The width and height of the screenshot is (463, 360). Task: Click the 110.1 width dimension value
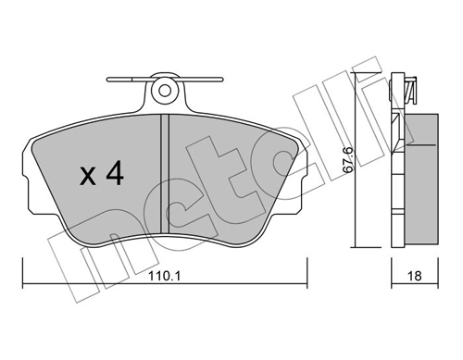point(164,276)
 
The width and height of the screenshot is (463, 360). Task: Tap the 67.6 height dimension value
point(348,160)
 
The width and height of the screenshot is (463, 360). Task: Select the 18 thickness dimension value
point(414,276)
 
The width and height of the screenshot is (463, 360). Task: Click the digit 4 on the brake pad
point(115,174)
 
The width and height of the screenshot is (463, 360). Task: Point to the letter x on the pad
point(87,178)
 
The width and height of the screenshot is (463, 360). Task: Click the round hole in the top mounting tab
point(165,90)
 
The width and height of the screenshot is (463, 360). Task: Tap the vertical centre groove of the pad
point(165,174)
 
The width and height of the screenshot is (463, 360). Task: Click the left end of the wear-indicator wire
point(107,80)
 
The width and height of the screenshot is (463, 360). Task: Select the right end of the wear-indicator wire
point(221,80)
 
